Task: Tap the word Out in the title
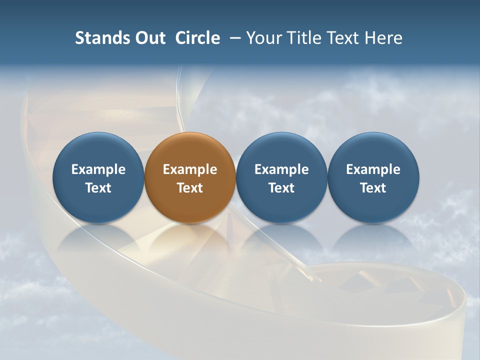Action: click(148, 38)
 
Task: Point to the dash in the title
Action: click(234, 38)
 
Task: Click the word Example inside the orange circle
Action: click(190, 169)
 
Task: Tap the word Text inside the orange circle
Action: click(190, 188)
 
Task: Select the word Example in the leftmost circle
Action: click(98, 169)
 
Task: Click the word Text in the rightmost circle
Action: click(373, 188)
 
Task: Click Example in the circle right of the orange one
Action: click(281, 169)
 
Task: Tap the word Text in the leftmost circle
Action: click(98, 188)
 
